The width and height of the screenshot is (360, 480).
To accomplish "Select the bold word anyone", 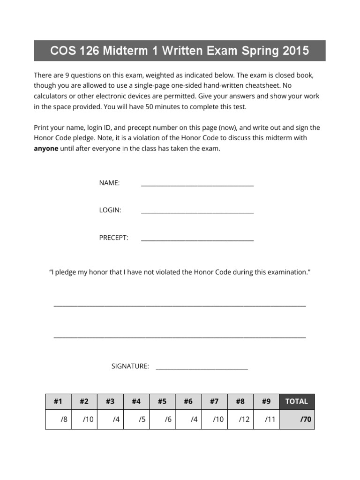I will (x=46, y=149).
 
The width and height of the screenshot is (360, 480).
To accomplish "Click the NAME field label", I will (x=109, y=183).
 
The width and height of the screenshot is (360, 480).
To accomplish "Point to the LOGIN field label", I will (x=110, y=210).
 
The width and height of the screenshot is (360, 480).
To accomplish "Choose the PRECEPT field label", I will (x=113, y=238).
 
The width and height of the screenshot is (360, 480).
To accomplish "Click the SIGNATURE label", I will (x=130, y=366).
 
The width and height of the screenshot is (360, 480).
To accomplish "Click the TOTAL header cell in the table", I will (x=296, y=401).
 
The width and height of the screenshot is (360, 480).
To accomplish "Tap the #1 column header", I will (x=58, y=401).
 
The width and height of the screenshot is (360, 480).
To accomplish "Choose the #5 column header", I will (x=162, y=401).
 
